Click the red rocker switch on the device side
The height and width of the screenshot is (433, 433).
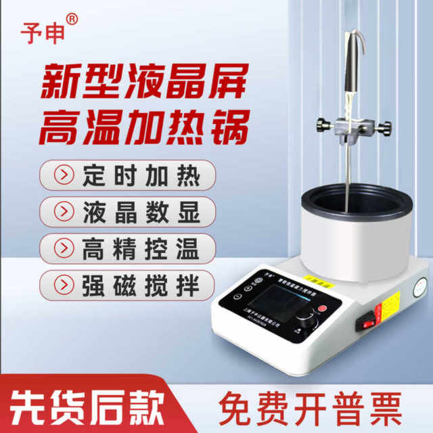[370, 322]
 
